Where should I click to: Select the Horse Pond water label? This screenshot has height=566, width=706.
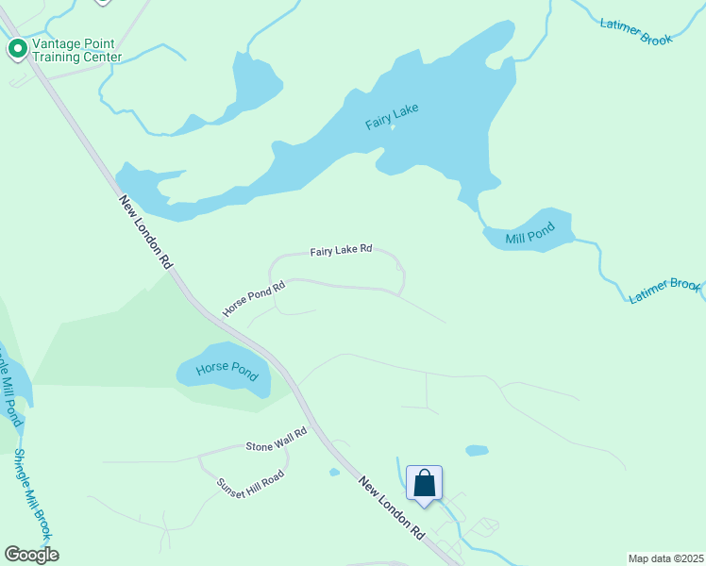click(227, 368)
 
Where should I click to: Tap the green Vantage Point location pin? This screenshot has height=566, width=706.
click(17, 49)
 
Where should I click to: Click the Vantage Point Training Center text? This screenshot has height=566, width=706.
click(76, 50)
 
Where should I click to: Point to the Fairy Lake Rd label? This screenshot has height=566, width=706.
click(341, 251)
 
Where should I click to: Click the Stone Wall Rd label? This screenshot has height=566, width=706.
click(277, 439)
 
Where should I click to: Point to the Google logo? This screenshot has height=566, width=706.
click(31, 554)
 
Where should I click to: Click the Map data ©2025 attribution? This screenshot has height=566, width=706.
click(665, 558)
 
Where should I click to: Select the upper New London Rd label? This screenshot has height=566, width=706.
click(144, 232)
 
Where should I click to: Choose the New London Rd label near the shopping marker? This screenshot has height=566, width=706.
click(391, 507)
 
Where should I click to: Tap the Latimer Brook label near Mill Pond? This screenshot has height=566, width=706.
click(665, 291)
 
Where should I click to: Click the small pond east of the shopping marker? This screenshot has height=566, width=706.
click(478, 450)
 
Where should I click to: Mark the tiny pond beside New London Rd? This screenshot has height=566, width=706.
click(333, 472)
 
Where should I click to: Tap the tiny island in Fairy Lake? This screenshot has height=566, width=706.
click(393, 126)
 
